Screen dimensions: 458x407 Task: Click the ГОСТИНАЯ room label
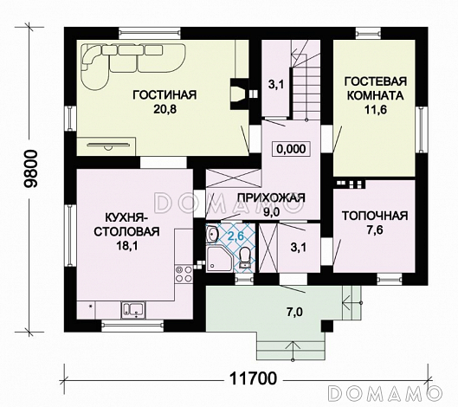(164, 95)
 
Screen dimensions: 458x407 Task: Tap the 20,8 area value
(164, 109)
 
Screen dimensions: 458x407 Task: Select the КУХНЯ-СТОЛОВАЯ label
(126, 224)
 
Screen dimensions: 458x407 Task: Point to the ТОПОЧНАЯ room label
(375, 216)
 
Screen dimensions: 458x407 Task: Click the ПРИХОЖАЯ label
(271, 197)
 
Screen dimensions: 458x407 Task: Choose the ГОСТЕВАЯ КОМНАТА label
(376, 88)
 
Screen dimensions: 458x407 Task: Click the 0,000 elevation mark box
(291, 149)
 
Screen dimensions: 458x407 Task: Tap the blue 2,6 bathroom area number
(235, 236)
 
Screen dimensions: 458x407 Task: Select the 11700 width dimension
(253, 378)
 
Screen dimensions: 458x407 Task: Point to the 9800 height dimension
(31, 169)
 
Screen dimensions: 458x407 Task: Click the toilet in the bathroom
(244, 258)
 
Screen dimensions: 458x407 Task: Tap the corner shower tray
(220, 260)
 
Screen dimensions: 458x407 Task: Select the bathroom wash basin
(212, 234)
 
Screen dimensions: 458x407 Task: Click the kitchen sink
(133, 310)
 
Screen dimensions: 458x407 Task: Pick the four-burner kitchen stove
(184, 274)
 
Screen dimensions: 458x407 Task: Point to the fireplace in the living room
(240, 94)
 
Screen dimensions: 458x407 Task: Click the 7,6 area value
(375, 230)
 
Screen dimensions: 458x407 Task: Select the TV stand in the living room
(106, 146)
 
